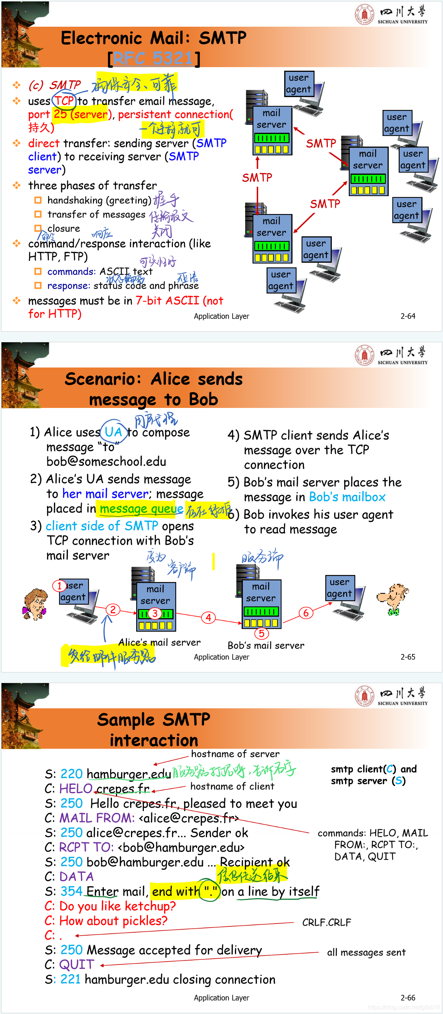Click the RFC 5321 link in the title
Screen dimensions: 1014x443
pos(153,58)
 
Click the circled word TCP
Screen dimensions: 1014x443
pos(64,101)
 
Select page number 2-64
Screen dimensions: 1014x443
pos(407,316)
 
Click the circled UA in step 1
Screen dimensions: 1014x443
pos(113,432)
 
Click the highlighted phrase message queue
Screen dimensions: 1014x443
pos(141,509)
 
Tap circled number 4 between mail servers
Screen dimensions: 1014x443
pos(208,617)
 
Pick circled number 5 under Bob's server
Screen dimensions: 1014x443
pos(261,633)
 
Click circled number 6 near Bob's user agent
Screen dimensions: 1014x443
pos(306,612)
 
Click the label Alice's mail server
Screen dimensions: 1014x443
pos(159,642)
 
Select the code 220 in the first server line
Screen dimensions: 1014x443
pos(71,774)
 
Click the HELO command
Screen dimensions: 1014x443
pos(76,789)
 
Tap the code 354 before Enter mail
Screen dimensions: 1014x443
pos(71,891)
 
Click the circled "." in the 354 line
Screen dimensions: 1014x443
pos(210,891)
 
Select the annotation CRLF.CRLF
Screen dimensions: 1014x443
pos(326,922)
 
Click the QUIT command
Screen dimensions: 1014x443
pos(76,965)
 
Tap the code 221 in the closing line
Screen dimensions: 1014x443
pos(70,979)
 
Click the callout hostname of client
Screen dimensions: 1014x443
pos(232,786)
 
